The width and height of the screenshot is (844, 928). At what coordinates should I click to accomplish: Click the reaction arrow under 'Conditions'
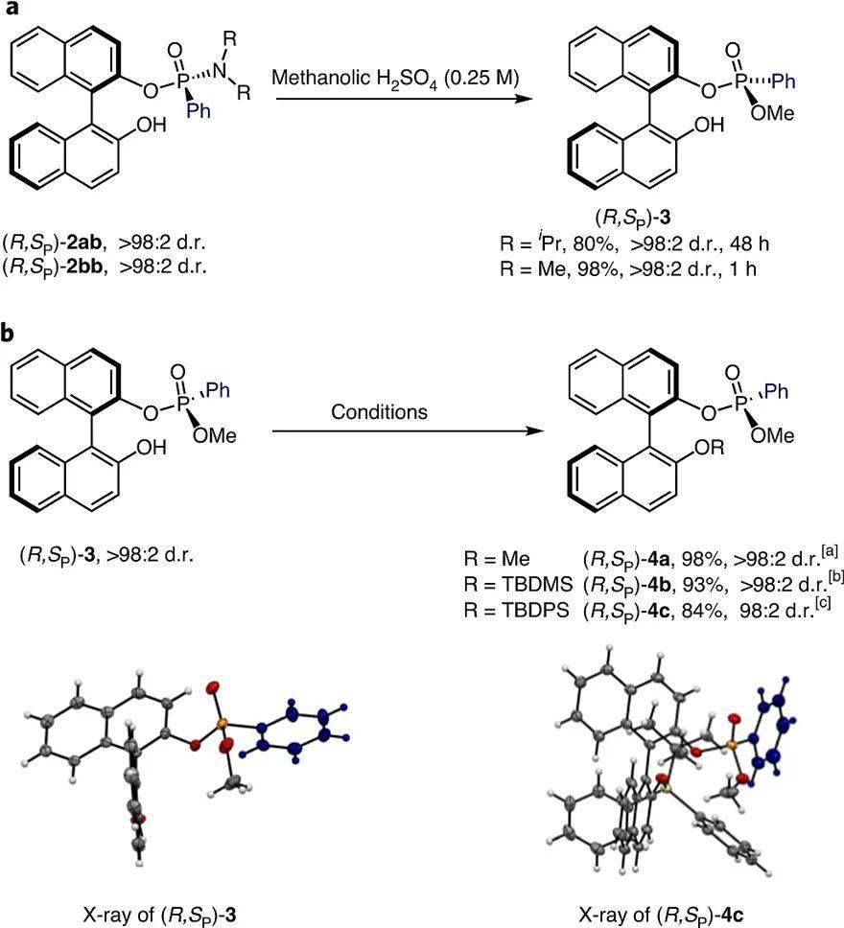pyautogui.click(x=403, y=432)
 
